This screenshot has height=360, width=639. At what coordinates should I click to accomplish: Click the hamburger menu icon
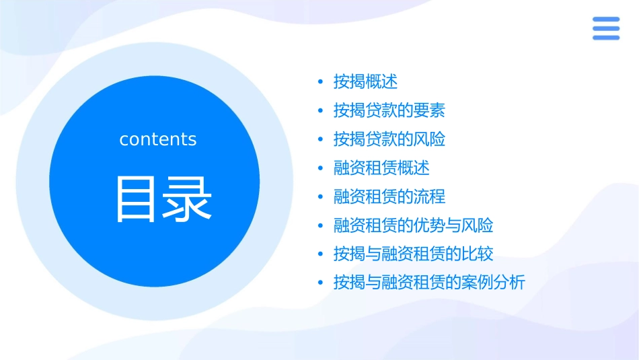click(605, 28)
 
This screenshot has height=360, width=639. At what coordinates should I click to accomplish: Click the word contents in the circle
click(158, 139)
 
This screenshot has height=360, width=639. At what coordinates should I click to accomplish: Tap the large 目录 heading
click(163, 199)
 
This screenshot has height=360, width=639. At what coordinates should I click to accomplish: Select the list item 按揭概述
click(365, 82)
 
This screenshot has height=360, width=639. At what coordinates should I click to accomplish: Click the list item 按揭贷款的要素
click(389, 110)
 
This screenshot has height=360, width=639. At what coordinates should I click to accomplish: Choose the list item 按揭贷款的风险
click(389, 139)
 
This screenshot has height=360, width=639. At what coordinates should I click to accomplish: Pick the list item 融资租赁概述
click(381, 168)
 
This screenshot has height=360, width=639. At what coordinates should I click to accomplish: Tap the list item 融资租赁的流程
click(389, 196)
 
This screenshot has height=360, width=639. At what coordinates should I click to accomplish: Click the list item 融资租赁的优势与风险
click(413, 225)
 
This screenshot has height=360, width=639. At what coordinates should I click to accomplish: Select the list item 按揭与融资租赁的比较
click(413, 254)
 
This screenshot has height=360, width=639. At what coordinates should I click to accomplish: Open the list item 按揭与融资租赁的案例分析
click(428, 283)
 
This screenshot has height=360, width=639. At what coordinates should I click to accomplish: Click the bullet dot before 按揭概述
click(320, 82)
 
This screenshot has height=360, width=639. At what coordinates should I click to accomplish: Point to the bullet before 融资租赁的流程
click(320, 196)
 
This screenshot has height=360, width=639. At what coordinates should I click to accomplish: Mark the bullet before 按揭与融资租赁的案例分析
click(320, 283)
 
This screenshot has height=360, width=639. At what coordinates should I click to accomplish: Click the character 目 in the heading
click(137, 199)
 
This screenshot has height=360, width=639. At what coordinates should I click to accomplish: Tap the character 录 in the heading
click(188, 199)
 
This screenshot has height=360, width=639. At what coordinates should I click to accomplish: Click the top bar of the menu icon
click(605, 19)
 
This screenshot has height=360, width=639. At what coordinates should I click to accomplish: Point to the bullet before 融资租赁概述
click(320, 168)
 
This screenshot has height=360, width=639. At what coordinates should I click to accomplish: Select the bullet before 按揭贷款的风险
click(320, 139)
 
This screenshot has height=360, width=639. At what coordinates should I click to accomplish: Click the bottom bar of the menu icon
click(605, 38)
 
